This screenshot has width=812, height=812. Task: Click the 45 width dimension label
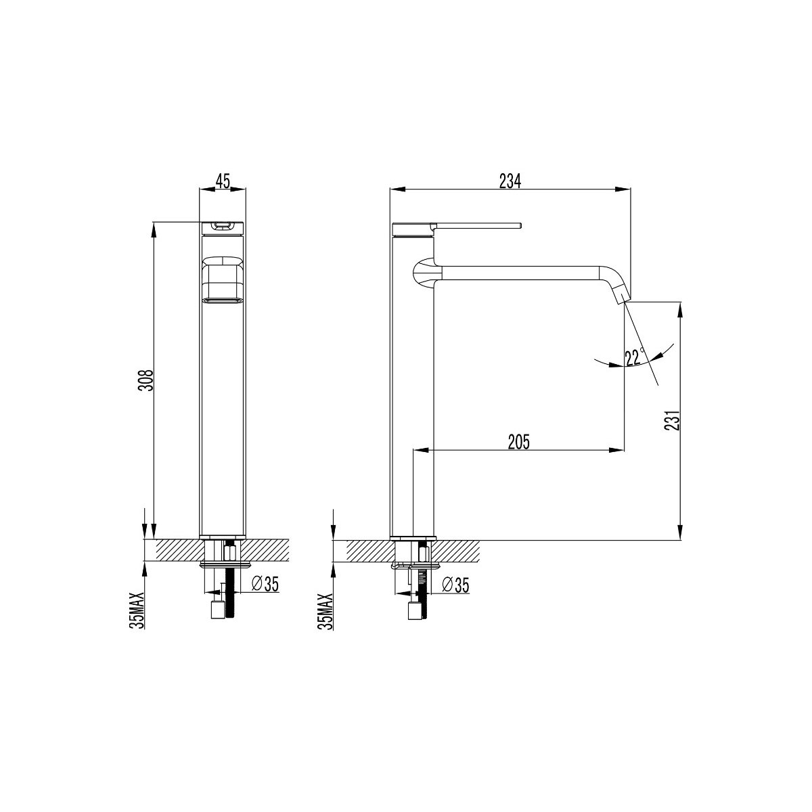(223, 181)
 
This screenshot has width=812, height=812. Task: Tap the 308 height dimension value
(146, 380)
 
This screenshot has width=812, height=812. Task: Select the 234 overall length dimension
(510, 181)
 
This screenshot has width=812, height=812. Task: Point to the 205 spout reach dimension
(519, 442)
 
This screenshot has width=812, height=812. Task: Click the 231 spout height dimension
(673, 420)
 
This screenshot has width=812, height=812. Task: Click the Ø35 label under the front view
(265, 584)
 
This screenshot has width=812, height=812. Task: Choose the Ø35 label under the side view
(455, 585)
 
